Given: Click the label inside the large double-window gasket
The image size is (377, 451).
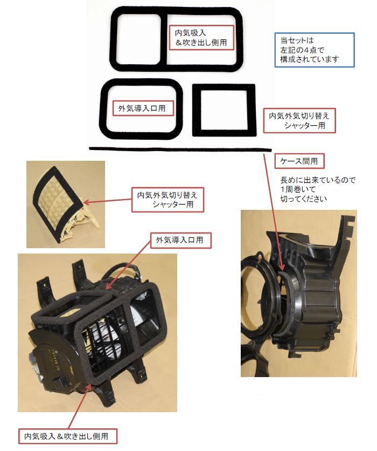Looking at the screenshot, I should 201,38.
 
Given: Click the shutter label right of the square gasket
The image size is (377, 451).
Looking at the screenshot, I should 299,120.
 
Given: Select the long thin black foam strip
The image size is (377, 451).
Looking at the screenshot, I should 178,149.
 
